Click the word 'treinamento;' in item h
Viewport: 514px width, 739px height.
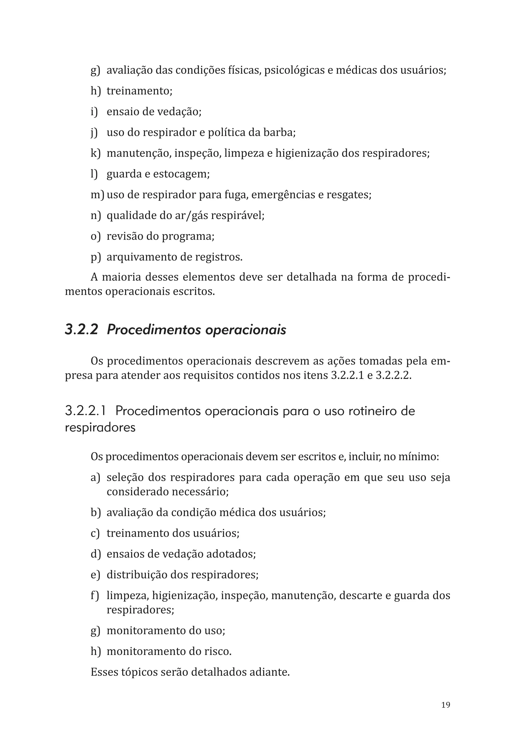(x=139, y=91)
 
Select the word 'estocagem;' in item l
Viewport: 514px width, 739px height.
(x=181, y=174)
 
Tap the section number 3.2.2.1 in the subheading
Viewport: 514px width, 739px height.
(x=86, y=411)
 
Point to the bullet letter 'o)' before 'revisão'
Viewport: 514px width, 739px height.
(x=95, y=236)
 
